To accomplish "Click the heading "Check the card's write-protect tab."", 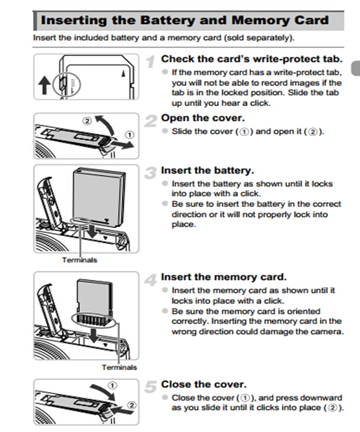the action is (252, 59).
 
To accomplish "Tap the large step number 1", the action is (151, 62).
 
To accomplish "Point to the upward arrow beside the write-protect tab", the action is (44, 85).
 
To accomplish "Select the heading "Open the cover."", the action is (203, 118).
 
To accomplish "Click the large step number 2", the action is (151, 121).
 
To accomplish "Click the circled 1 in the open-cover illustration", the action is (129, 135).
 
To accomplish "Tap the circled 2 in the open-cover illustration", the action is (87, 121).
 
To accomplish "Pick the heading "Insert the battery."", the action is (207, 171).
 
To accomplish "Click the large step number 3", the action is (151, 173).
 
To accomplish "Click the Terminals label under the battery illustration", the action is (80, 260).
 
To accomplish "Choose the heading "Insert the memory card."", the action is (224, 277).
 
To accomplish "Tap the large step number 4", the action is (151, 279).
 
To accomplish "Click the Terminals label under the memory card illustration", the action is (119, 367).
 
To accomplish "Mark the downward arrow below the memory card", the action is (94, 335).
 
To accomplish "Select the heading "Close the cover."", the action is (204, 384).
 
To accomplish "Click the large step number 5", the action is (151, 387).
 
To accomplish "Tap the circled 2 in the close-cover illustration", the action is (132, 405).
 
